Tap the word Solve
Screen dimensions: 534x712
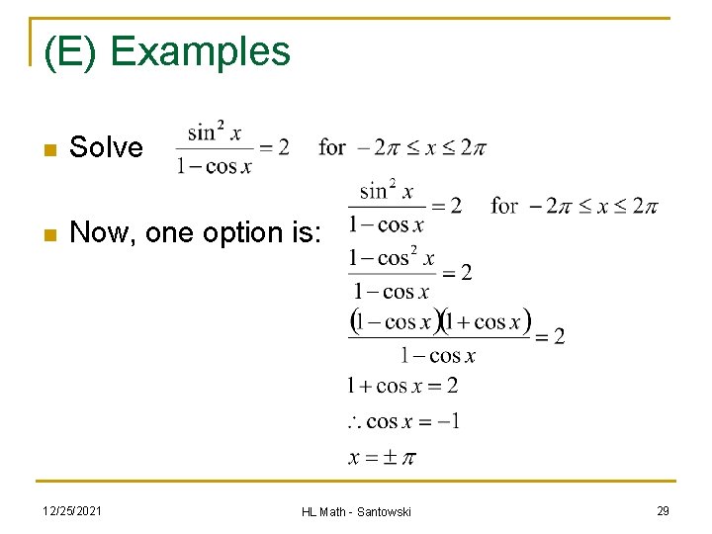107,148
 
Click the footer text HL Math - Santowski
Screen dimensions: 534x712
356,511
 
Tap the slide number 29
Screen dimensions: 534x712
663,510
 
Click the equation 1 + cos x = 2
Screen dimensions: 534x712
401,386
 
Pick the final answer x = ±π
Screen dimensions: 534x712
382,458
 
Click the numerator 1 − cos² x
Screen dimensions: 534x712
392,258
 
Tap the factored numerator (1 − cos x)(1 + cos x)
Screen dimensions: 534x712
441,321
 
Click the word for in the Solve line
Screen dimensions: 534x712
332,148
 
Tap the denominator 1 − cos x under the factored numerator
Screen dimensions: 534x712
438,356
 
